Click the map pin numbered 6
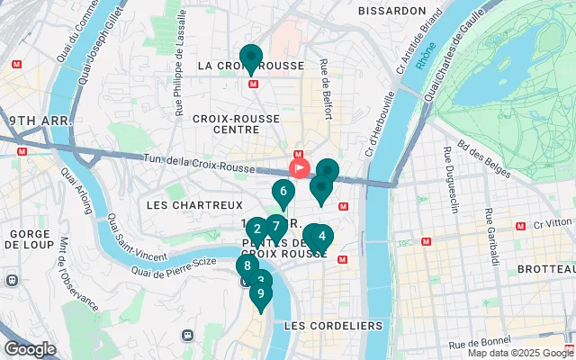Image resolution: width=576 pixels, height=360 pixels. click(283, 192)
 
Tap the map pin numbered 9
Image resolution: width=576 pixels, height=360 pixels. click(260, 294)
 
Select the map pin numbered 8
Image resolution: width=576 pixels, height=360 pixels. click(247, 266)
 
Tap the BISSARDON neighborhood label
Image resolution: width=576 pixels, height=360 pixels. click(391, 11)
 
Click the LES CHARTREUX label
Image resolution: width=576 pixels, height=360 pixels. click(182, 205)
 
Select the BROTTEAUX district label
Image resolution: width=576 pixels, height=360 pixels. click(544, 269)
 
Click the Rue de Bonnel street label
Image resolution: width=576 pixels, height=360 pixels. click(480, 344)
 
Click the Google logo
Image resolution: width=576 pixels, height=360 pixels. click(30, 349)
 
